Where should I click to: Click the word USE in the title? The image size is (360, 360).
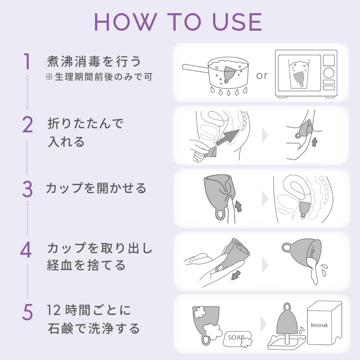[x=237, y=22]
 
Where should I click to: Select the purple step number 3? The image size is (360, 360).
[x=27, y=189]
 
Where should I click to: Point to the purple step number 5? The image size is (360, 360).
[x=27, y=312]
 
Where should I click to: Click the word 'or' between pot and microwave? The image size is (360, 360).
[x=262, y=76]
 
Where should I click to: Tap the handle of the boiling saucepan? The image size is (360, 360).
[x=195, y=69]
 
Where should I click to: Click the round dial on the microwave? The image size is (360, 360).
[x=329, y=73]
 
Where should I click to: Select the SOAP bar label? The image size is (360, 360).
[x=236, y=337]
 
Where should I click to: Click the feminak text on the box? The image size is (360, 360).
[x=319, y=325]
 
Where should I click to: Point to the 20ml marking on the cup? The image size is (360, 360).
[x=312, y=251]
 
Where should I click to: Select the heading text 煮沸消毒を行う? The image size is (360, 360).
[x=94, y=62]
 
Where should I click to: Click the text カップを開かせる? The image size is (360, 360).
[x=96, y=188]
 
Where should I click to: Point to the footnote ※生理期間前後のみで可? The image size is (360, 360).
[x=99, y=77]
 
